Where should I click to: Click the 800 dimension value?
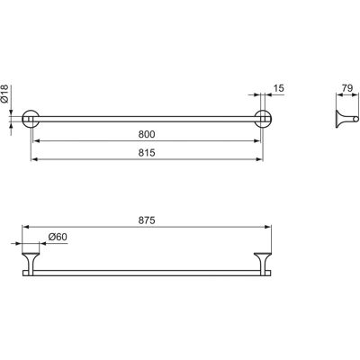(x=147, y=134)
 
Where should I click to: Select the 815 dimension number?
(x=147, y=153)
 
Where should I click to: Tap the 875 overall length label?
(x=147, y=220)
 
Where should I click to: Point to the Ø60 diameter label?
(x=58, y=237)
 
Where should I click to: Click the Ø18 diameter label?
(x=4, y=94)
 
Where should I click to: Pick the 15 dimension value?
(x=279, y=88)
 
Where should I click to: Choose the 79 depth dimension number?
(x=347, y=88)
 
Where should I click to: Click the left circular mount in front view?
(x=31, y=119)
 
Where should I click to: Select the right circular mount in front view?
(x=263, y=119)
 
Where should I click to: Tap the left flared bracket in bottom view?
(x=31, y=262)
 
